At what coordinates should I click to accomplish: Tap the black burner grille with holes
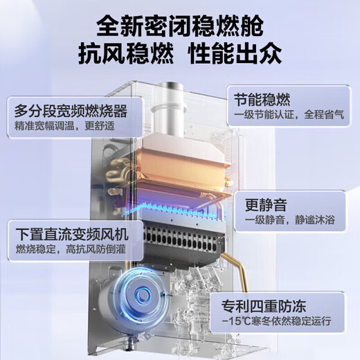tap(187, 240)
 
